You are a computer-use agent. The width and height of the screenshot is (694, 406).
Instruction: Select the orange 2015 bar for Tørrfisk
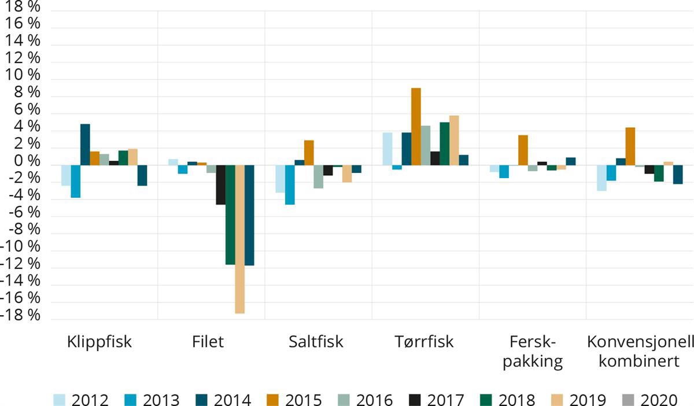pos(416,126)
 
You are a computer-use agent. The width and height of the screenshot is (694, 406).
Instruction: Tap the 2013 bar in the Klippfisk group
pos(75,181)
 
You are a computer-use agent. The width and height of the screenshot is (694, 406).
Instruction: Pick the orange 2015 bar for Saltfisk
pos(309,153)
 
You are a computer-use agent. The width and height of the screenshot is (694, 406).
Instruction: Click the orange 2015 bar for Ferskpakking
pos(523,150)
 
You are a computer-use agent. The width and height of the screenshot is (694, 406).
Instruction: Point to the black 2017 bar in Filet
pos(220,184)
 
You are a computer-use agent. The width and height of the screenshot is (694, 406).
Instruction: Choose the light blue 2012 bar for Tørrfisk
pos(387,149)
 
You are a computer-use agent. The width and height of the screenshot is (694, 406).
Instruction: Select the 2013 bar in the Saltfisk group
pos(290,184)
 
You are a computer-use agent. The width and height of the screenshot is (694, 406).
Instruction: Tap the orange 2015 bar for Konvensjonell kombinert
pos(630,146)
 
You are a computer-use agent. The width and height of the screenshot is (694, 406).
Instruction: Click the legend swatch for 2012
pos(60,400)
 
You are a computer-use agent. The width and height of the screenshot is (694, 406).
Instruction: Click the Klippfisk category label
pos(99,342)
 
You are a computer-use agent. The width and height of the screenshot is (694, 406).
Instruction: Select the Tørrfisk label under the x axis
pos(420,342)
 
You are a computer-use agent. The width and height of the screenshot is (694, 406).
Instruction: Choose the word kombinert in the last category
pos(638,362)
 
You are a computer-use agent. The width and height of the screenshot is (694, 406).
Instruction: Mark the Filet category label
pos(208,342)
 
